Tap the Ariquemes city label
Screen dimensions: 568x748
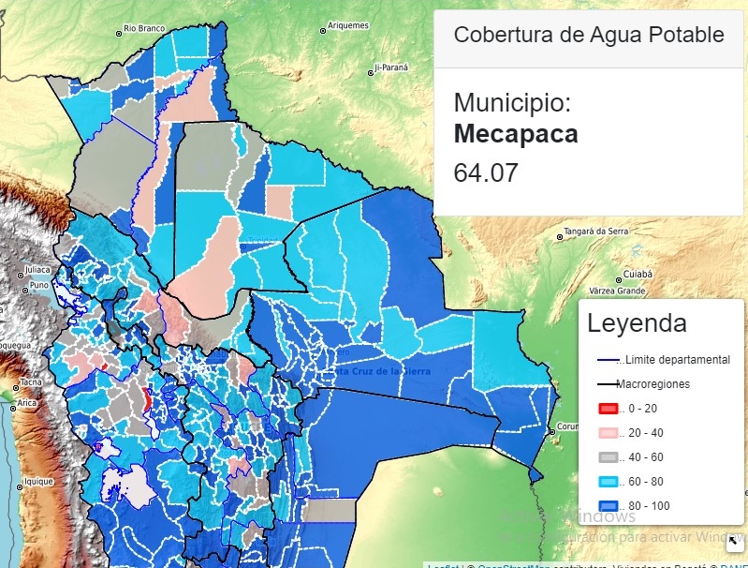(348, 26)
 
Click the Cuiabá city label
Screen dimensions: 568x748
(638, 274)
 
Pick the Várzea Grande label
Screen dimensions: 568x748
(620, 291)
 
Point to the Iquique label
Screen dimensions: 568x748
(39, 482)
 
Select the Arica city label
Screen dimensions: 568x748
(26, 403)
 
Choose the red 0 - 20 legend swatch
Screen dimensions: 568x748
(608, 409)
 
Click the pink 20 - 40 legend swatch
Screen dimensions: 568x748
(608, 433)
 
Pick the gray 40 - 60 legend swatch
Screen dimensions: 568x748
(608, 457)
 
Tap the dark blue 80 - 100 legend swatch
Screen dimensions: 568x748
(608, 506)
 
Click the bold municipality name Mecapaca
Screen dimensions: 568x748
(516, 134)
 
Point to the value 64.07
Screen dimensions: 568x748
(486, 173)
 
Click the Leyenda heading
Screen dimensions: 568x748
(637, 324)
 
